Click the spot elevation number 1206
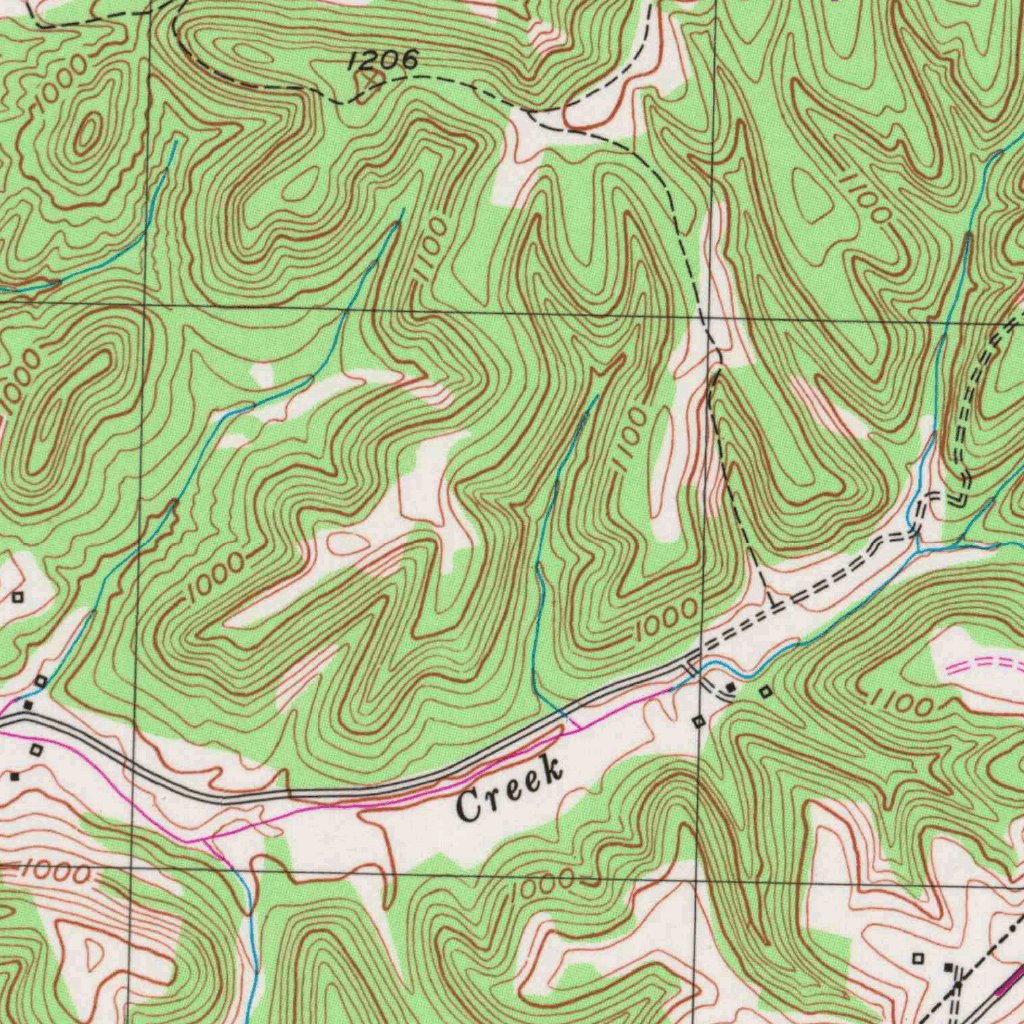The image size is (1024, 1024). pyautogui.click(x=383, y=62)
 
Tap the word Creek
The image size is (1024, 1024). pyautogui.click(x=510, y=789)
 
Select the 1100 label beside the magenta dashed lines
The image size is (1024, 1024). pyautogui.click(x=902, y=703)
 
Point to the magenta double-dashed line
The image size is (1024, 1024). pyautogui.click(x=985, y=666)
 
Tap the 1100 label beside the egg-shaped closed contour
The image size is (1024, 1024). pyautogui.click(x=866, y=198)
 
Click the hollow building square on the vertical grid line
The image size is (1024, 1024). pyautogui.click(x=699, y=720)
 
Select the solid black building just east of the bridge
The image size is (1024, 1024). pyautogui.click(x=732, y=689)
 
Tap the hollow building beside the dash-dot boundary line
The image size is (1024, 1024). pyautogui.click(x=918, y=958)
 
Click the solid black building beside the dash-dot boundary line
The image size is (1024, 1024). pyautogui.click(x=949, y=967)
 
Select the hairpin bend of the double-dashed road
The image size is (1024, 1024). pyautogui.click(x=960, y=497)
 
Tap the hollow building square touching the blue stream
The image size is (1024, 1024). pyautogui.click(x=41, y=681)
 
